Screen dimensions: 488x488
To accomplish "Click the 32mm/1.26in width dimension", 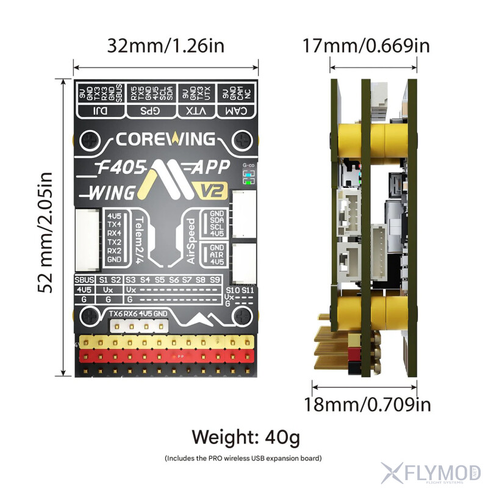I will point(165,46).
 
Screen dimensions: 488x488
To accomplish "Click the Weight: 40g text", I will point(246,437).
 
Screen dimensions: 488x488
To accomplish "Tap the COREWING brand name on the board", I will point(165,139).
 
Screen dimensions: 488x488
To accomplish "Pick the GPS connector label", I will point(151,110).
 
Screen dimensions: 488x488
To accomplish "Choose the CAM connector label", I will point(237,110).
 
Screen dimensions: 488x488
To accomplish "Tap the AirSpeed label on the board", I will point(191,241).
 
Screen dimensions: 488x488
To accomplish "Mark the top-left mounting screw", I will point(90,140).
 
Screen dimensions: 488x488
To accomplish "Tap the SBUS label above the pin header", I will point(84,279).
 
